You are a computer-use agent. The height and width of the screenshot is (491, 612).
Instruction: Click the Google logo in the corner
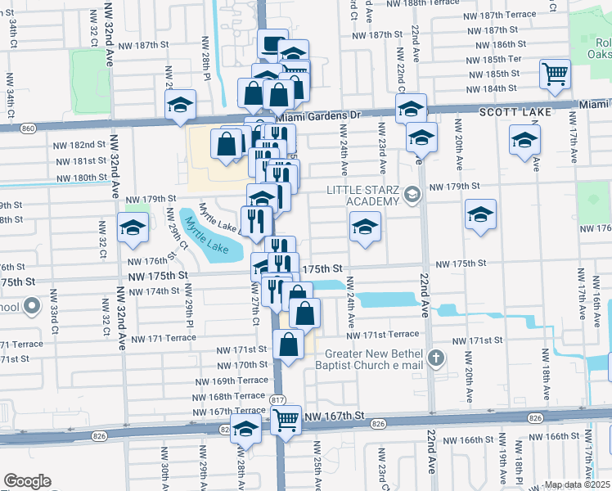(x=27, y=480)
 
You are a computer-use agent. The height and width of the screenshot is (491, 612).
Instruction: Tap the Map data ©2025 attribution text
(x=576, y=484)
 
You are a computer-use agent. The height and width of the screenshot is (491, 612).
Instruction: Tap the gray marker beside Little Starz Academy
(x=412, y=195)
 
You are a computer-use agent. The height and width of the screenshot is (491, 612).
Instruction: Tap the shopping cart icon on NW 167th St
(x=286, y=421)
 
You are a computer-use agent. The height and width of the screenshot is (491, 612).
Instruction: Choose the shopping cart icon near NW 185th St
(x=555, y=74)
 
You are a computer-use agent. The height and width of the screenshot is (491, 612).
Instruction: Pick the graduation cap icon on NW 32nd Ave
(x=132, y=229)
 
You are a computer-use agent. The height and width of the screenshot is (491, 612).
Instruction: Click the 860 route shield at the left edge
(x=29, y=128)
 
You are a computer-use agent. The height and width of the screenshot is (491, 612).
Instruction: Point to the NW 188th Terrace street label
(x=498, y=3)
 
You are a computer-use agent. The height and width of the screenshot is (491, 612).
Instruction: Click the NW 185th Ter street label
(x=493, y=59)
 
